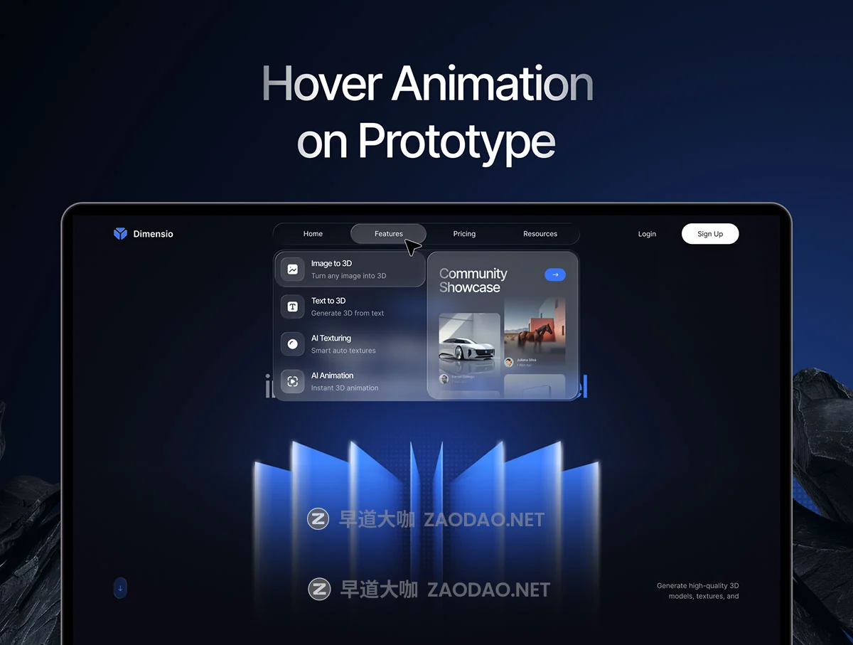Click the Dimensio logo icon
point(120,233)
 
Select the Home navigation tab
point(313,234)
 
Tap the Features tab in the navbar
point(388,234)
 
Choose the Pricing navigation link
point(464,234)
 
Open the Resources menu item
point(540,234)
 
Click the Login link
point(647,234)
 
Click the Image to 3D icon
point(292,270)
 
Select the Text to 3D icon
point(292,306)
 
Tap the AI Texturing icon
point(292,344)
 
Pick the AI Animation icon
point(292,381)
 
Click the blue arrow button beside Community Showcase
point(555,274)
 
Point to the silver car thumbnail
point(469,341)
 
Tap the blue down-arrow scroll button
point(120,588)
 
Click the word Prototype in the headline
point(456,142)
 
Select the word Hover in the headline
point(321,84)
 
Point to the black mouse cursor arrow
point(412,247)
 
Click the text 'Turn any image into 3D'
point(348,276)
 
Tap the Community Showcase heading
point(473,280)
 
